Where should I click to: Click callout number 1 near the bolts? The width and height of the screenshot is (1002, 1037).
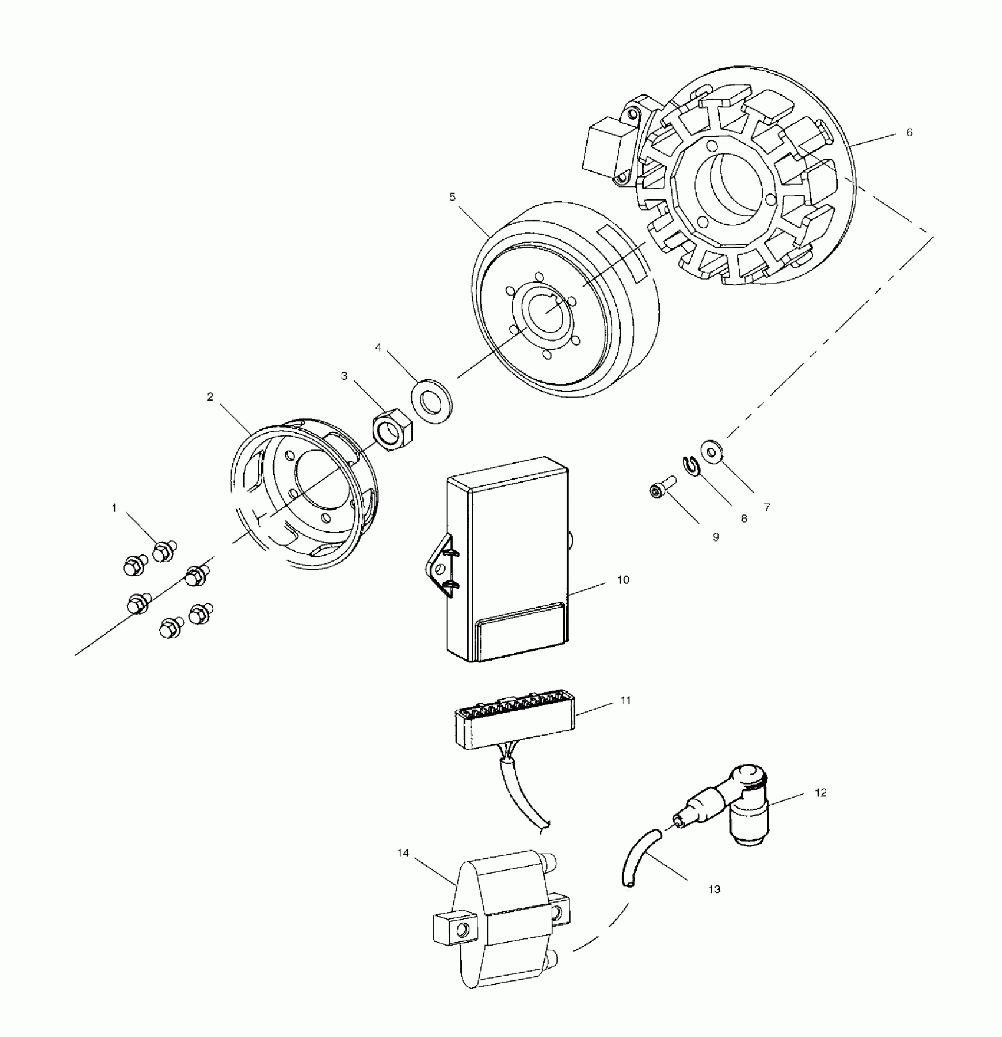114,508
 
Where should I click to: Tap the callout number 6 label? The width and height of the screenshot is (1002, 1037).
909,133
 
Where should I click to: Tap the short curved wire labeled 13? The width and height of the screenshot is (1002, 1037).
640,855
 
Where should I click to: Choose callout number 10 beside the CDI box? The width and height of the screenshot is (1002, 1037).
623,580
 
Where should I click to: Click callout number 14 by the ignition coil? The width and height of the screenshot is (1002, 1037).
403,854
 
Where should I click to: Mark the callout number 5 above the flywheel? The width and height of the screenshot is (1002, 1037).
452,197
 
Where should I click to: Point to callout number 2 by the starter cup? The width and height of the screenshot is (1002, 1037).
210,397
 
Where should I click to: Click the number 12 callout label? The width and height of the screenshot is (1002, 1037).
820,793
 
